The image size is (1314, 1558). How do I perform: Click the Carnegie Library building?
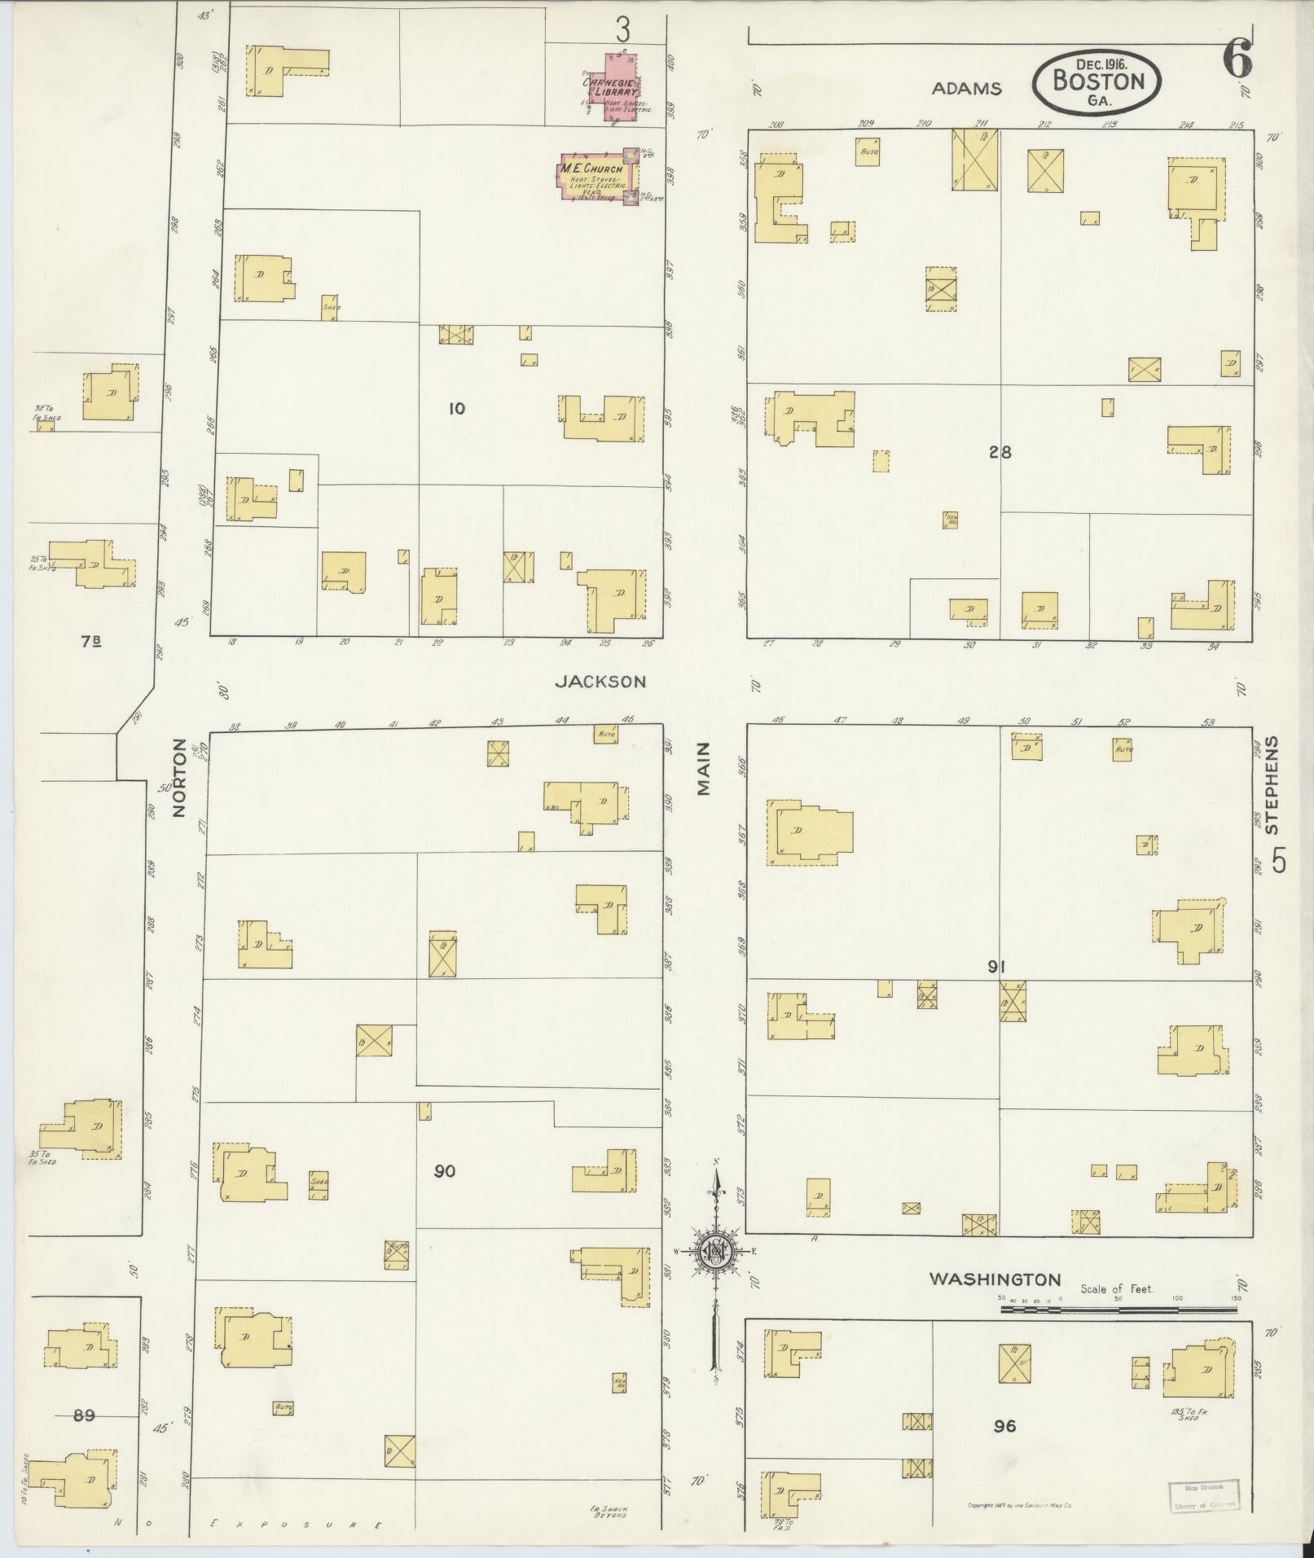(x=622, y=88)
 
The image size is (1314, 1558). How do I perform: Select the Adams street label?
(x=966, y=89)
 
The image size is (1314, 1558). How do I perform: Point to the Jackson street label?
(x=600, y=682)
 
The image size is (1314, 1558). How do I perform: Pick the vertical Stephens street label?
(x=1272, y=785)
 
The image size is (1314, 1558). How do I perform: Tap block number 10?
(x=456, y=408)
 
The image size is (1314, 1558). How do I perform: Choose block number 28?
(x=1000, y=452)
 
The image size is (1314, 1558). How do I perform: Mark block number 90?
(x=444, y=1171)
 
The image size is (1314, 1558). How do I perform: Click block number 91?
(x=996, y=967)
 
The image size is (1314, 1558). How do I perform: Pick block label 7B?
(x=91, y=641)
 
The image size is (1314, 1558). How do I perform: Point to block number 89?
(x=84, y=1415)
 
